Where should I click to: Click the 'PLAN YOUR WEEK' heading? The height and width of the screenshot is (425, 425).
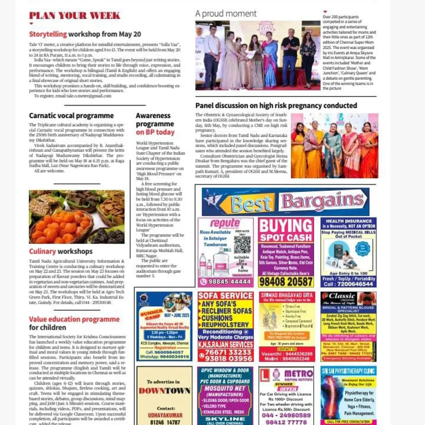[74, 16]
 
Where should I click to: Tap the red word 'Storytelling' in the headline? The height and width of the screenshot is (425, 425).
[48, 34]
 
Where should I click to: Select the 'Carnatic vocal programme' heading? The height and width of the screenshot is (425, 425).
[71, 115]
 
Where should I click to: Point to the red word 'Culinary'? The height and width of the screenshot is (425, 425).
[42, 251]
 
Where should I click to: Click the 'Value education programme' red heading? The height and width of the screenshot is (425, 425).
[74, 319]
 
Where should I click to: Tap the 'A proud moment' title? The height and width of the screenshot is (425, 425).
[226, 13]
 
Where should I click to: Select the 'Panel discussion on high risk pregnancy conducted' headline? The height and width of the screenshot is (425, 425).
[276, 105]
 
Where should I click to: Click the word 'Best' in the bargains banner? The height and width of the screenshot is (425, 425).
[247, 204]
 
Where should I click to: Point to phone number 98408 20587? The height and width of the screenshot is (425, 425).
[286, 282]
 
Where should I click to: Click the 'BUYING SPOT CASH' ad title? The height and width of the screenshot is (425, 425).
[286, 231]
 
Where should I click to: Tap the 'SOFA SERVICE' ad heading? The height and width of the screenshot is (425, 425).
[225, 296]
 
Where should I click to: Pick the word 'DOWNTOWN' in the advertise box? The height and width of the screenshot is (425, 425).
[164, 391]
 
